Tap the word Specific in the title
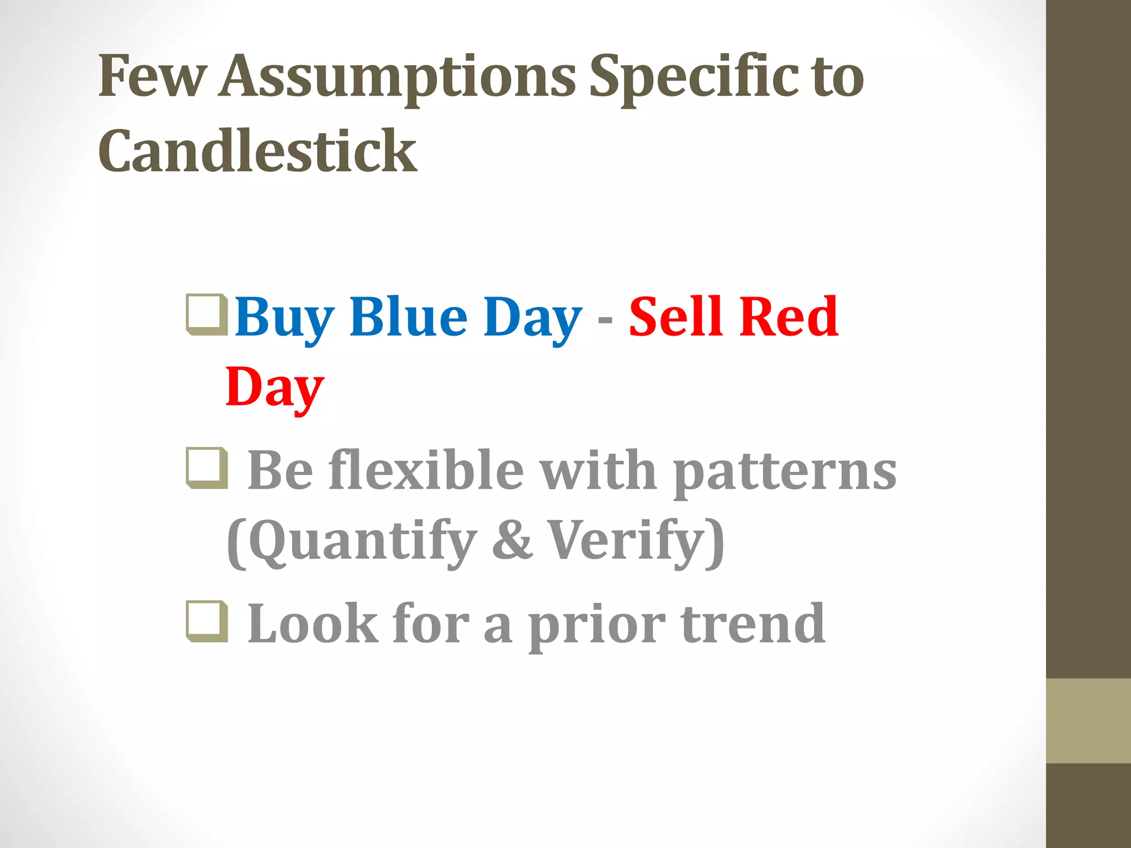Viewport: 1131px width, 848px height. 694,77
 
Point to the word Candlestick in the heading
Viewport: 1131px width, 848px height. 257,151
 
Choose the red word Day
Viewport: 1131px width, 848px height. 274,388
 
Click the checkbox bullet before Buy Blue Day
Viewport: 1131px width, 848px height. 207,315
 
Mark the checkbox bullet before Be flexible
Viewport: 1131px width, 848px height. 207,468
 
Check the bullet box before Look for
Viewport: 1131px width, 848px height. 207,622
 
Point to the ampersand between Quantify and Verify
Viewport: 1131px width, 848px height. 512,541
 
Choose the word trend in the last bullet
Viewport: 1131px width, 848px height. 753,623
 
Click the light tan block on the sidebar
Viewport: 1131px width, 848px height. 1088,721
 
